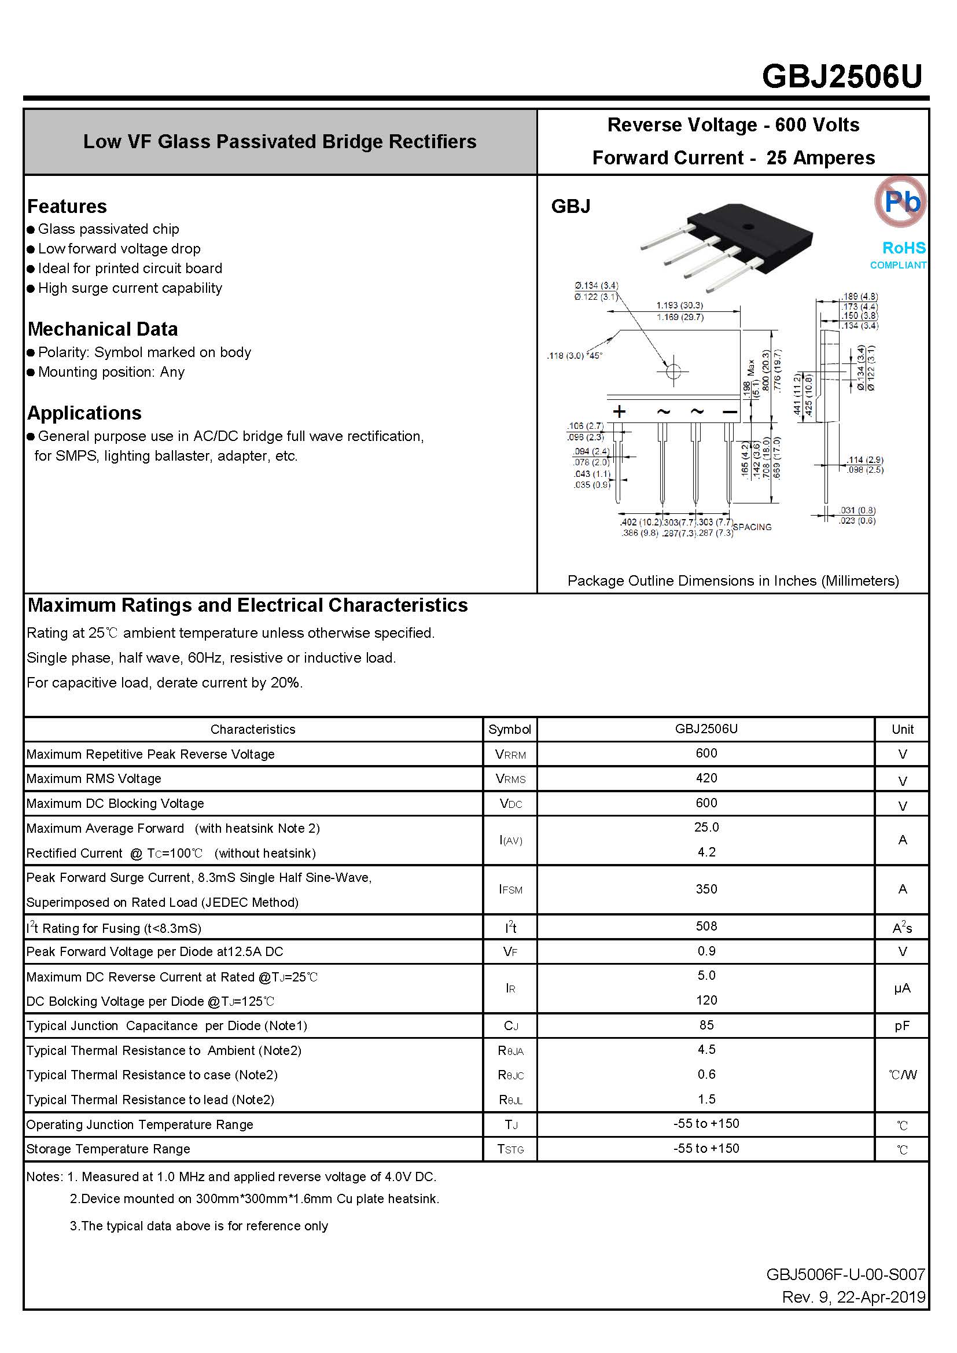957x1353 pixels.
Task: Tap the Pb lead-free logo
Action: [x=900, y=201]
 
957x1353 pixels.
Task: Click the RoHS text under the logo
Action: [x=903, y=248]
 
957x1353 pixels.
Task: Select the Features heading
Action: [x=67, y=206]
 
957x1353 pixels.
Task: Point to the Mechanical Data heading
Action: [x=102, y=329]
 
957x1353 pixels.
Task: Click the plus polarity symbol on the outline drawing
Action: [x=619, y=411]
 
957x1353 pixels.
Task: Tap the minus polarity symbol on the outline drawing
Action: [x=730, y=411]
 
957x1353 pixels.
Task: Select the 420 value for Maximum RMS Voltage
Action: [x=706, y=778]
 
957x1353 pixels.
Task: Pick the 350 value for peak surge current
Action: [x=706, y=889]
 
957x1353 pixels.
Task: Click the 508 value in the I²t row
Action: [x=706, y=926]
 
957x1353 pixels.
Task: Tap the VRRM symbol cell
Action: [x=510, y=755]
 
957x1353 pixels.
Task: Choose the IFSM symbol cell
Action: [x=510, y=890]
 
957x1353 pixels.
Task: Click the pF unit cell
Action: [x=901, y=1026]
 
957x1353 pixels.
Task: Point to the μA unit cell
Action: [x=901, y=988]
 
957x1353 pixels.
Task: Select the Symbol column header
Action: [x=510, y=730]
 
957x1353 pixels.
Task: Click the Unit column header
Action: [x=902, y=730]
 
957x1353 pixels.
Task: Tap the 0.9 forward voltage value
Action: [x=706, y=951]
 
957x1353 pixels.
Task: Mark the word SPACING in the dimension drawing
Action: [x=752, y=527]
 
